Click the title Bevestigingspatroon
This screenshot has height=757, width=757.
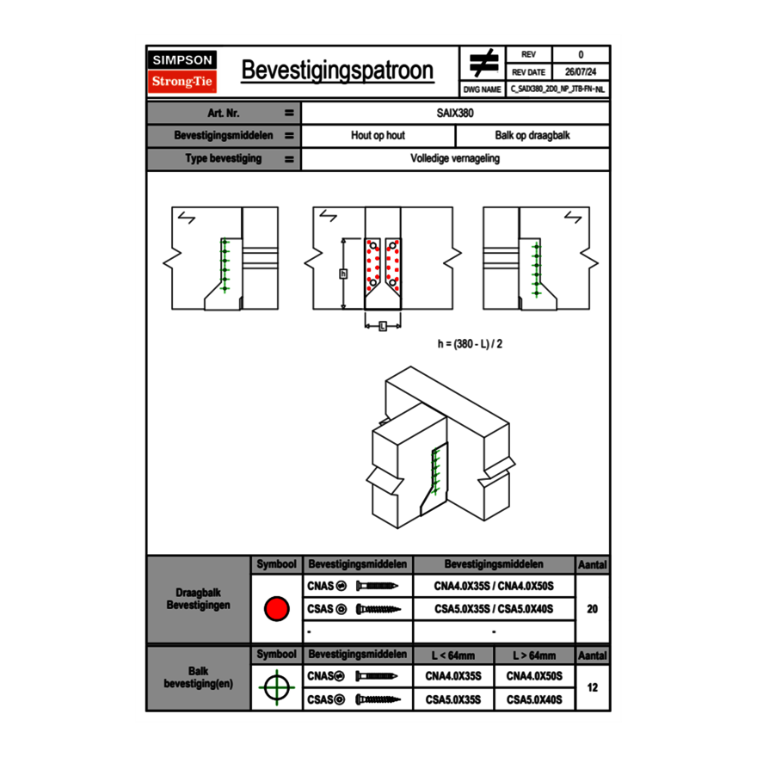(336, 71)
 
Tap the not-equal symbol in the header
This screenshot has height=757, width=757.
(483, 63)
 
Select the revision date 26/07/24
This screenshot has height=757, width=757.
(581, 72)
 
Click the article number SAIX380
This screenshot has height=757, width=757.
(455, 113)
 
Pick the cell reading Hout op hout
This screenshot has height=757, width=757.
(378, 136)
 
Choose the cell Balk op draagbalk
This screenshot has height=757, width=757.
(532, 136)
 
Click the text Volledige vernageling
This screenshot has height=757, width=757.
(455, 159)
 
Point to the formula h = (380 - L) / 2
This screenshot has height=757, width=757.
(470, 343)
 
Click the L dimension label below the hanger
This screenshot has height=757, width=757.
(382, 325)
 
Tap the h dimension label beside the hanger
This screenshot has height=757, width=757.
(343, 274)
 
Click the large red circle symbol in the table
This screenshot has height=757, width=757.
(276, 609)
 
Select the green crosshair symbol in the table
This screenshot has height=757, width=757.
(276, 687)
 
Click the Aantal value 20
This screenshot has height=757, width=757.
(592, 609)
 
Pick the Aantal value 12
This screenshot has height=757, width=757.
(592, 687)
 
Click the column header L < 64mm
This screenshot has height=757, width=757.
(453, 655)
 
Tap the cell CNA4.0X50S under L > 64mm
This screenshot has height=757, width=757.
(534, 676)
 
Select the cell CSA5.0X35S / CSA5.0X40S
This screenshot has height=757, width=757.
(494, 609)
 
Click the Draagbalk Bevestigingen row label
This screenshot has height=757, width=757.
(198, 600)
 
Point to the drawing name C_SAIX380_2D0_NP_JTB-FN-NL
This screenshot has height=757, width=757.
(557, 89)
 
